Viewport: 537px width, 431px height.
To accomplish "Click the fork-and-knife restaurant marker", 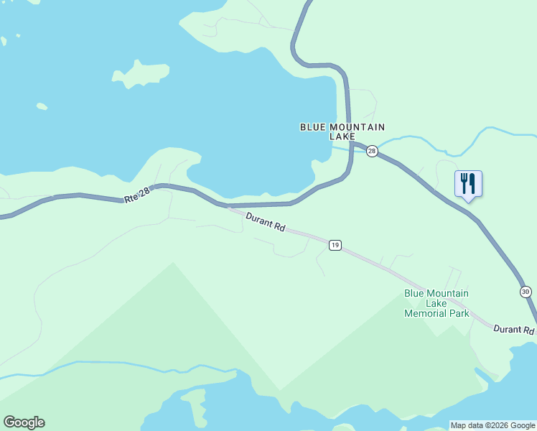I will (x=468, y=184).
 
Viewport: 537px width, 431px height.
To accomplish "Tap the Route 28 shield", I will (x=371, y=151).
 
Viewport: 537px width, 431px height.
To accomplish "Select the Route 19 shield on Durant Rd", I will (x=335, y=245).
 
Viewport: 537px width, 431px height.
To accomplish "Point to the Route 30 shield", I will (x=526, y=291).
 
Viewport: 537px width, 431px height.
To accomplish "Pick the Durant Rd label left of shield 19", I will (x=265, y=221).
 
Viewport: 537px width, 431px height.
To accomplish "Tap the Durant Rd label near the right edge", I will (x=514, y=330).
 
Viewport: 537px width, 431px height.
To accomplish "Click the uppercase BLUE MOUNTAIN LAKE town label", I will (x=337, y=131).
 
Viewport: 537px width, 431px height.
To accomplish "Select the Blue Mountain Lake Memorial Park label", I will (x=436, y=303).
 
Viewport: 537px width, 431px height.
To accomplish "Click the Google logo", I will (x=24, y=422).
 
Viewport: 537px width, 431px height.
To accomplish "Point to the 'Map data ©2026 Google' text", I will (x=493, y=425).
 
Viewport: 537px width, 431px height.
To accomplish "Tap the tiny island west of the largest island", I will (x=42, y=107).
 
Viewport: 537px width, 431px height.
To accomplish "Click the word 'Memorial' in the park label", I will (x=426, y=313).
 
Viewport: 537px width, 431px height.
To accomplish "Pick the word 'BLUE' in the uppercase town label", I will (x=311, y=127).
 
